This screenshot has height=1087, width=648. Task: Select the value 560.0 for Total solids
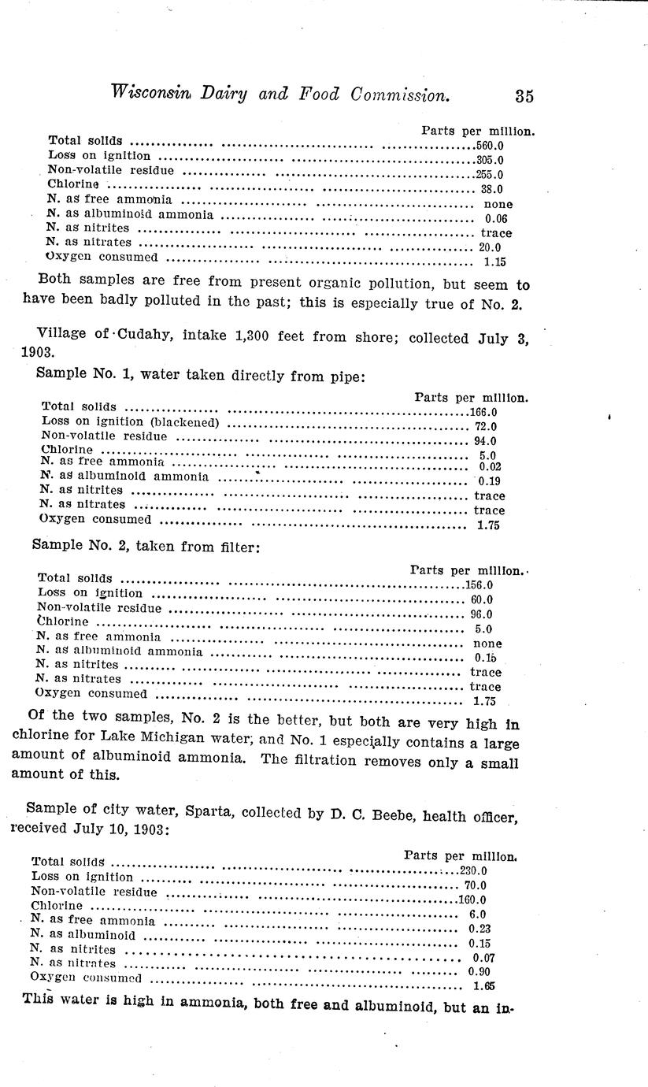(x=490, y=146)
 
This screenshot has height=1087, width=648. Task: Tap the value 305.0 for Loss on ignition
(x=490, y=160)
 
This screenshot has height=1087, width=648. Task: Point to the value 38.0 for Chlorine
(x=491, y=189)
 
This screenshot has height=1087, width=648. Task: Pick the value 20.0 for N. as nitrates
(x=490, y=247)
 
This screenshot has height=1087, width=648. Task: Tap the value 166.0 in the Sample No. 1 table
(x=483, y=412)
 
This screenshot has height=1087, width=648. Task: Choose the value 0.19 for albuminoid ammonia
(x=489, y=481)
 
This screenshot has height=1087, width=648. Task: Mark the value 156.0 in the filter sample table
(x=478, y=584)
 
